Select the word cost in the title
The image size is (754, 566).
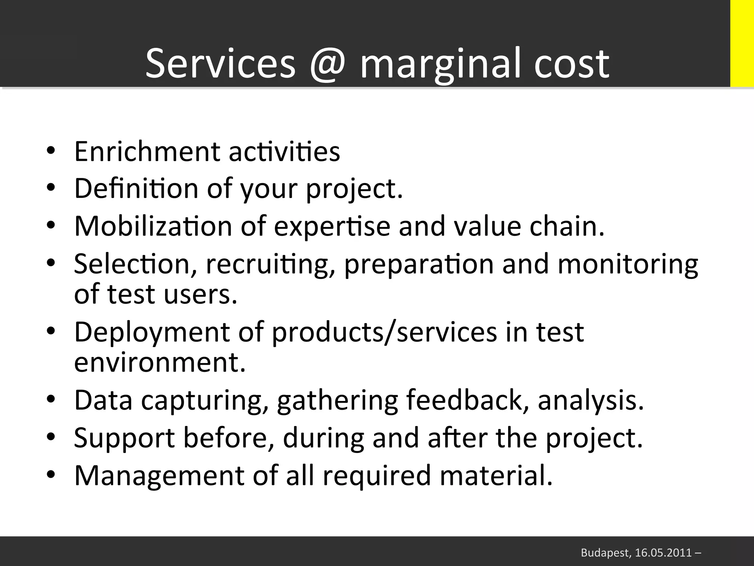pos(571,63)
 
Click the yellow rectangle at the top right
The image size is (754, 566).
pos(742,43)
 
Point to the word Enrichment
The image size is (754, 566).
pos(147,151)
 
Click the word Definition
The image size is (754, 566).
pos(136,188)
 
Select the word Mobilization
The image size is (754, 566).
pos(153,226)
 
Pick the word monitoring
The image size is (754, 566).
pos(627,265)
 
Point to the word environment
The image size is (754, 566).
pos(160,363)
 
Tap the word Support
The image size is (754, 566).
pos(124,439)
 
